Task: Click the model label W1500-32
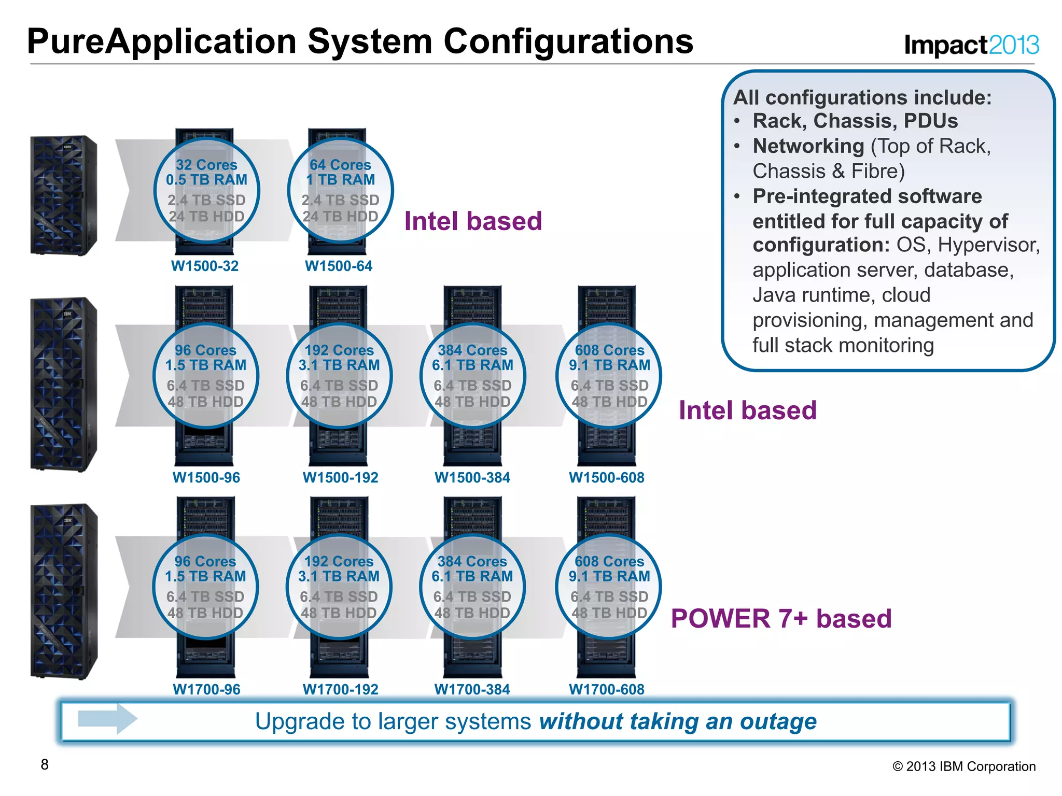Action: pos(205,266)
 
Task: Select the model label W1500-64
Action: pos(339,266)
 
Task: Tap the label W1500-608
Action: pos(606,478)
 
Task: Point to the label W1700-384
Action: pos(472,690)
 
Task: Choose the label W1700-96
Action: pos(206,690)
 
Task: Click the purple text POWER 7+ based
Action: pos(781,619)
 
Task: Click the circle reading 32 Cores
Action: pos(206,190)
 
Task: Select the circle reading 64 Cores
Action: pos(340,190)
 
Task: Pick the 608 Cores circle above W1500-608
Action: pos(609,376)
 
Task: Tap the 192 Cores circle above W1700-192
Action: pos(339,587)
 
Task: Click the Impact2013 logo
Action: pos(971,45)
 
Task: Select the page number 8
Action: pos(45,765)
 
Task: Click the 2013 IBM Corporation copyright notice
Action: pos(963,766)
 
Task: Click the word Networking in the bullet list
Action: pos(808,146)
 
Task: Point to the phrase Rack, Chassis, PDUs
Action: pos(855,121)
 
